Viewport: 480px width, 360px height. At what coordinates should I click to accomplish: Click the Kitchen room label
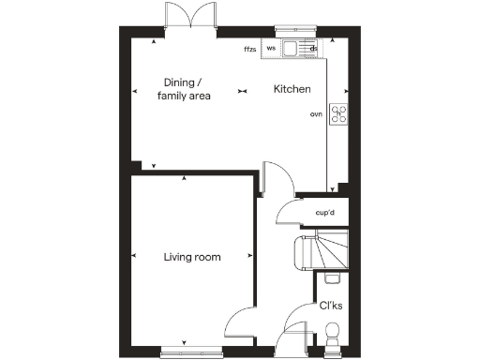point(292,90)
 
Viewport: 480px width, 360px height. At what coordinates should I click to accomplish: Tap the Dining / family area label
point(186,88)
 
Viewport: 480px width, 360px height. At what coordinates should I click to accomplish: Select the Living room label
point(191,257)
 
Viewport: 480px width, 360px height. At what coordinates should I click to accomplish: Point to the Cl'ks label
point(330,306)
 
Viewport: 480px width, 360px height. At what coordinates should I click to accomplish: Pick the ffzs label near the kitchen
point(250,48)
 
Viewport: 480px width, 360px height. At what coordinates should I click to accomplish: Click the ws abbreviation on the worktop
point(271,47)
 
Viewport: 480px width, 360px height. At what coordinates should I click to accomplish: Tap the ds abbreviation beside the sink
point(314,48)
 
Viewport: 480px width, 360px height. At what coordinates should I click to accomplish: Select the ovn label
point(316,114)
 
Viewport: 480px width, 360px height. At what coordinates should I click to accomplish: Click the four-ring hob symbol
point(338,115)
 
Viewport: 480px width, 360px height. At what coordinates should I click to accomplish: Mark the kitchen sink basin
point(292,48)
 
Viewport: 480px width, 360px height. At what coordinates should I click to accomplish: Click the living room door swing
point(241,324)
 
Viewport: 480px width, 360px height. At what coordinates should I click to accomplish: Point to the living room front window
point(191,352)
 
